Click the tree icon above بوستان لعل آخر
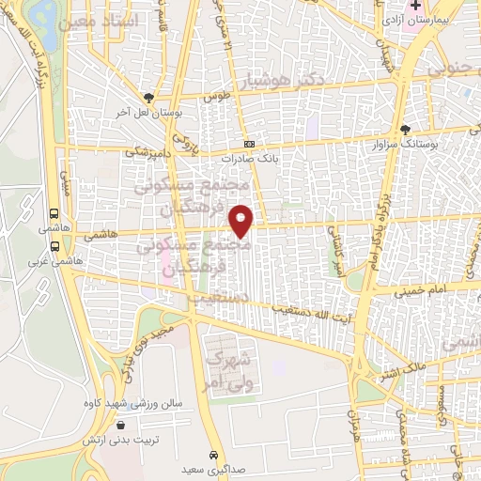coord(148,97)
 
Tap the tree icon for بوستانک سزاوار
coord(405,130)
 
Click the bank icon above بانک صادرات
coord(249,144)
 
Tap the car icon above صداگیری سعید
coord(217,453)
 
